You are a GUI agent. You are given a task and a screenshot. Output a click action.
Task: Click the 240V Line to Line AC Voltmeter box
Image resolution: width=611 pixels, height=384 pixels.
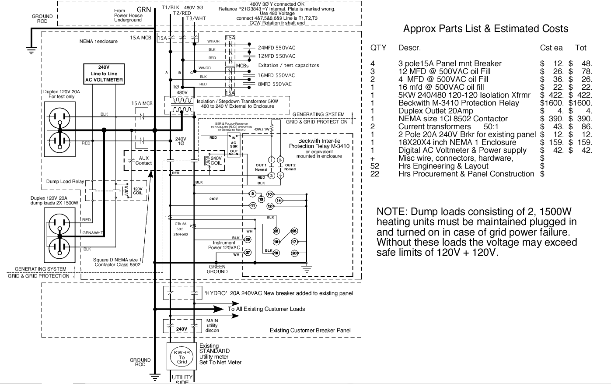click(104, 74)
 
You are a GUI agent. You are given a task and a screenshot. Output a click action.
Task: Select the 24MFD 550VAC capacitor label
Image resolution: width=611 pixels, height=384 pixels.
click(276, 48)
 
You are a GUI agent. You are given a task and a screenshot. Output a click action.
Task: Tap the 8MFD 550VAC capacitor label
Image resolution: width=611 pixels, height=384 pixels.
click(275, 84)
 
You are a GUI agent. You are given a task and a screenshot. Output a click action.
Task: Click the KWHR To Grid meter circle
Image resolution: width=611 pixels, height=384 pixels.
click(182, 357)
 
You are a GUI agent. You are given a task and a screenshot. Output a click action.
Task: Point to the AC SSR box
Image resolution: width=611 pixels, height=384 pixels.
click(234, 145)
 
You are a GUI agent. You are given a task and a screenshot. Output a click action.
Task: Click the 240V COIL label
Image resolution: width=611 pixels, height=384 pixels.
click(216, 161)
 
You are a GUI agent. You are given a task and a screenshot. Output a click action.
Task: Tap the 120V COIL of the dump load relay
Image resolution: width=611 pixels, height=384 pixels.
click(137, 191)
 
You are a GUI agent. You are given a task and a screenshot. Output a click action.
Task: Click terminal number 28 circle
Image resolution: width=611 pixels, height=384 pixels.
click(248, 239)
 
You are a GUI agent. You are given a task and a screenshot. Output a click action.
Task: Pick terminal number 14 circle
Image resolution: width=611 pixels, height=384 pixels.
click(279, 200)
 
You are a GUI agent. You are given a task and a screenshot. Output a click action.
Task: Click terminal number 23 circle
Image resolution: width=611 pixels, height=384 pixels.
click(294, 231)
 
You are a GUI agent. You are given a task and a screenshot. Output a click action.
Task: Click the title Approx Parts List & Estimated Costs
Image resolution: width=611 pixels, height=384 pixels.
click(485, 29)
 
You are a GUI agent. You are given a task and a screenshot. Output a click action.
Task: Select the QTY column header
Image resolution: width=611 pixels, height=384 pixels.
click(378, 48)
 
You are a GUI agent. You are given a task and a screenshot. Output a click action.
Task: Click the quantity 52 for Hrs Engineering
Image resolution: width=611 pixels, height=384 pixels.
click(375, 166)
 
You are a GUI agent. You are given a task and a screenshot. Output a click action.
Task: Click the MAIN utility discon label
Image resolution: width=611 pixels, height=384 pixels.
click(212, 325)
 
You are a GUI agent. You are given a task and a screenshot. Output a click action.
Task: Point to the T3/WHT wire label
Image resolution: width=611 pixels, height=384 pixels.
click(196, 19)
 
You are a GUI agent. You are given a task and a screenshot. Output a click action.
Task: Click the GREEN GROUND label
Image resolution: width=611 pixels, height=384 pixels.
click(217, 269)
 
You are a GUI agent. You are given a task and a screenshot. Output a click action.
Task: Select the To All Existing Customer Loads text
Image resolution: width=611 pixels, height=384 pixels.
click(266, 309)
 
